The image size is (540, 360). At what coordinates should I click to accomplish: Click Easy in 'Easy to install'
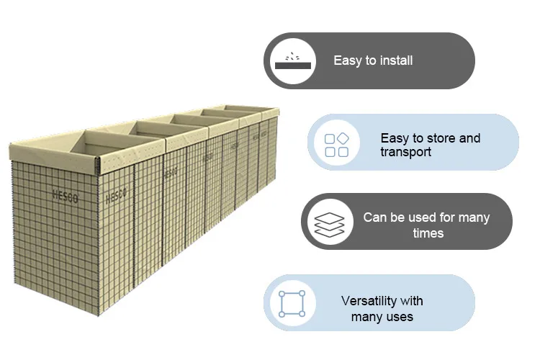[x=346, y=60]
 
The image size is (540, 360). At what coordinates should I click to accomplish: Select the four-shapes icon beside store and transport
[x=336, y=145]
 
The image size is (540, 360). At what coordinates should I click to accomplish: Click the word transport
[x=405, y=152]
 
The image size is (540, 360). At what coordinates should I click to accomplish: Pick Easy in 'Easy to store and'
[x=394, y=138]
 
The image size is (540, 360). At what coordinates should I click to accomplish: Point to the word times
[x=428, y=233]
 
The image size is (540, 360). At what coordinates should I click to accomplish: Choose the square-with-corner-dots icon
[x=292, y=304]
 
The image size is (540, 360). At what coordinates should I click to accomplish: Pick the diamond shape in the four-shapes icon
[x=343, y=138]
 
